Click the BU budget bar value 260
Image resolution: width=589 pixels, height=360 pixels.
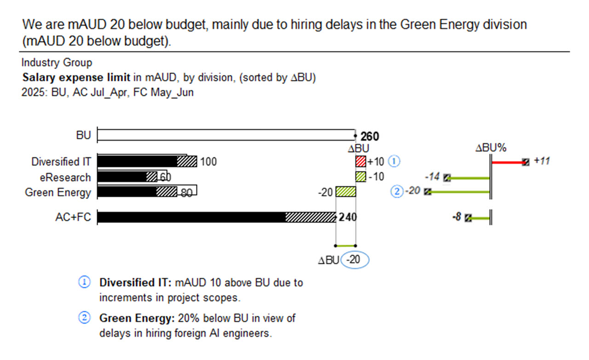370,137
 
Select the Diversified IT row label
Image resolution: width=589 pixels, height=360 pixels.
61,162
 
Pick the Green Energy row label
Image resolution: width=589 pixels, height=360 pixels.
58,192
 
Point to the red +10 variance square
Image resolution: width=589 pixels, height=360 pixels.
360,162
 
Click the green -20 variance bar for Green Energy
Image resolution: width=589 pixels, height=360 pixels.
346,192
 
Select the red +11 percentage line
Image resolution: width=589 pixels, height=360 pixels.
508,162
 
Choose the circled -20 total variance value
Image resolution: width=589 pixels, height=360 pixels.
353,260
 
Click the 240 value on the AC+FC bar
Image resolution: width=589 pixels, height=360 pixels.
347,217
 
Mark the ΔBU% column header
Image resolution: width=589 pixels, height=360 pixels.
491,149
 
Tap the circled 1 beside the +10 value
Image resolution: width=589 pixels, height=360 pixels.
395,161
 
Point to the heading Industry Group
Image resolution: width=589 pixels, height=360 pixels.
57,63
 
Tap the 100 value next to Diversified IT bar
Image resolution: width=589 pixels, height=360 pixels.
208,162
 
